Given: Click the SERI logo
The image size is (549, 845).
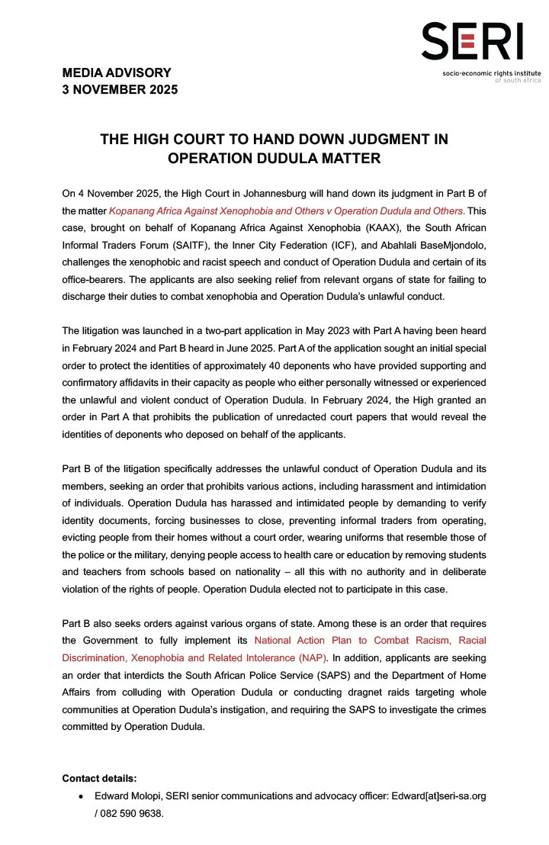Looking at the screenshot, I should (473, 41).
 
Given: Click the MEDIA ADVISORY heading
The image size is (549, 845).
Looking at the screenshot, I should (117, 73).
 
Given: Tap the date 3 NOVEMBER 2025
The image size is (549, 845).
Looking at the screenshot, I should (120, 89).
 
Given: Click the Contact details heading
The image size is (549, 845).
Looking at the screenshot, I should (99, 779).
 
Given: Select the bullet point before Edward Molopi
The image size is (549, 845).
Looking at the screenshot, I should (81, 796).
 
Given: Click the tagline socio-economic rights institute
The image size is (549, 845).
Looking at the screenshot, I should (483, 72).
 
